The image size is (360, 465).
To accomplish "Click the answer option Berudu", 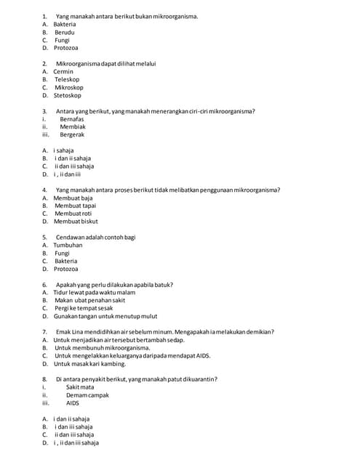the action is pos(64,32).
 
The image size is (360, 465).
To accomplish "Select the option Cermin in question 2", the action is pos(63,71).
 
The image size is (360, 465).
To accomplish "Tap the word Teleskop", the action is pos(67,79).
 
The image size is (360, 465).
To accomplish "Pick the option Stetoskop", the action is pos(68,95).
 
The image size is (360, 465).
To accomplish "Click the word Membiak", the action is pos(73,126).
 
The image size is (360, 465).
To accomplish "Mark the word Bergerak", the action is pos(72,134).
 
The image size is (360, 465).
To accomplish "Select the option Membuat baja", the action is pos(73,198).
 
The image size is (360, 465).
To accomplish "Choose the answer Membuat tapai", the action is pos(75,206).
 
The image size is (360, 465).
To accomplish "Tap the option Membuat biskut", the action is pos(76,222).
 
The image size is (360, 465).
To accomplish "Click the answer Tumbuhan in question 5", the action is pos(68,245).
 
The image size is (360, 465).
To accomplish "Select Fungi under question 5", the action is pos(62,253).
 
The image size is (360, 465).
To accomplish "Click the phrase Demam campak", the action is pos(87,395).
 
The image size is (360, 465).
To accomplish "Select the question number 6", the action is pos(45,284).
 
